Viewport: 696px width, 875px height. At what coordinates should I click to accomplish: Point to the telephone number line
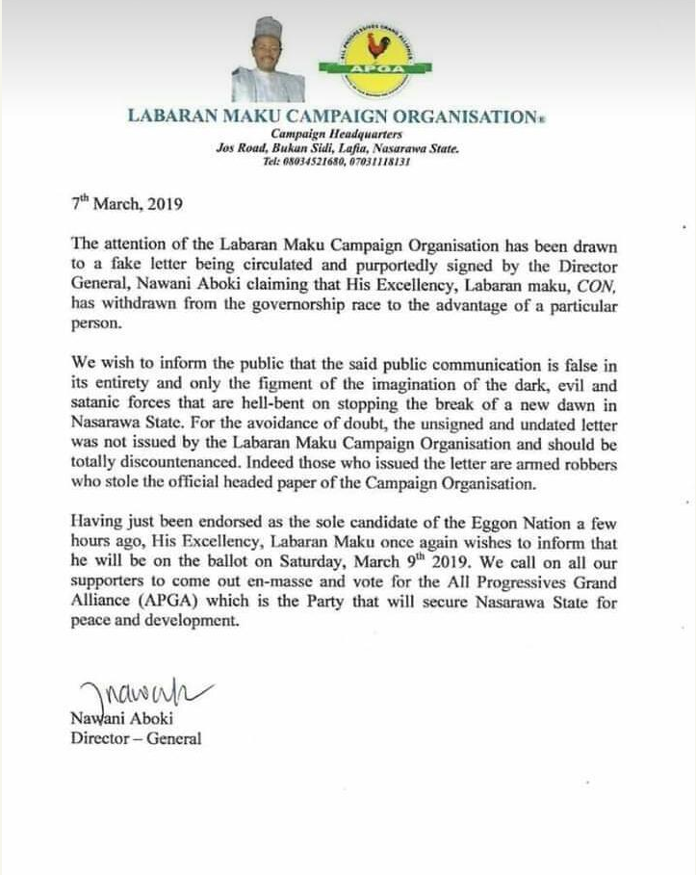pos(337,161)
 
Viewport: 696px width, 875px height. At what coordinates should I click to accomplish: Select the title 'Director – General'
pos(136,738)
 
